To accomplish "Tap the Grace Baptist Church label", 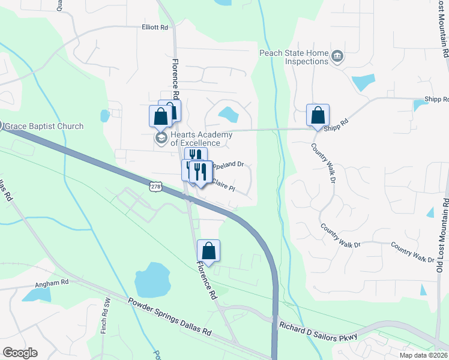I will tap(45, 127).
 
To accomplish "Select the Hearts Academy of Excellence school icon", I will tap(160, 138).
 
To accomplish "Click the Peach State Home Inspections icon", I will tap(337, 56).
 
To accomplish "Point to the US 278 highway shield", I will tap(155, 187).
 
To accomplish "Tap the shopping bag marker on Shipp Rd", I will tap(318, 115).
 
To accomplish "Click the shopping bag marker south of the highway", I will tap(208, 251).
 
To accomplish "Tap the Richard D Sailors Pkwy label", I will tap(318, 331).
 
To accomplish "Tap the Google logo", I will tap(20, 353).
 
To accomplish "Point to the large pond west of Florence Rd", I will tap(152, 280).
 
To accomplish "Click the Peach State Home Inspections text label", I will tap(294, 57).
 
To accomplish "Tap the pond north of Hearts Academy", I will tap(228, 113).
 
